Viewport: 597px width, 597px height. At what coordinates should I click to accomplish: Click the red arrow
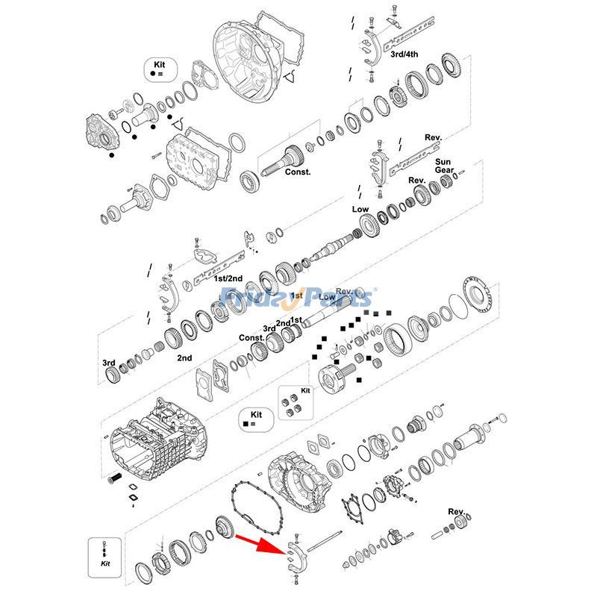tap(258, 543)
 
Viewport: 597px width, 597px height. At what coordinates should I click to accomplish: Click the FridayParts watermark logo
tap(298, 298)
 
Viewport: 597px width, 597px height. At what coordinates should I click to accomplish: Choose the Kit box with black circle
tap(160, 71)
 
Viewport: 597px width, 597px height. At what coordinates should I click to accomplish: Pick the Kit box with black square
tap(255, 419)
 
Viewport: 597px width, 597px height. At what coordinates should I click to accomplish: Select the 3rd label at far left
tap(109, 363)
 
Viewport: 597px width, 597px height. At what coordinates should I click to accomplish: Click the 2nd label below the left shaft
tap(184, 357)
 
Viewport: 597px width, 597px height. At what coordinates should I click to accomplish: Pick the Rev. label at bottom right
tap(456, 511)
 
